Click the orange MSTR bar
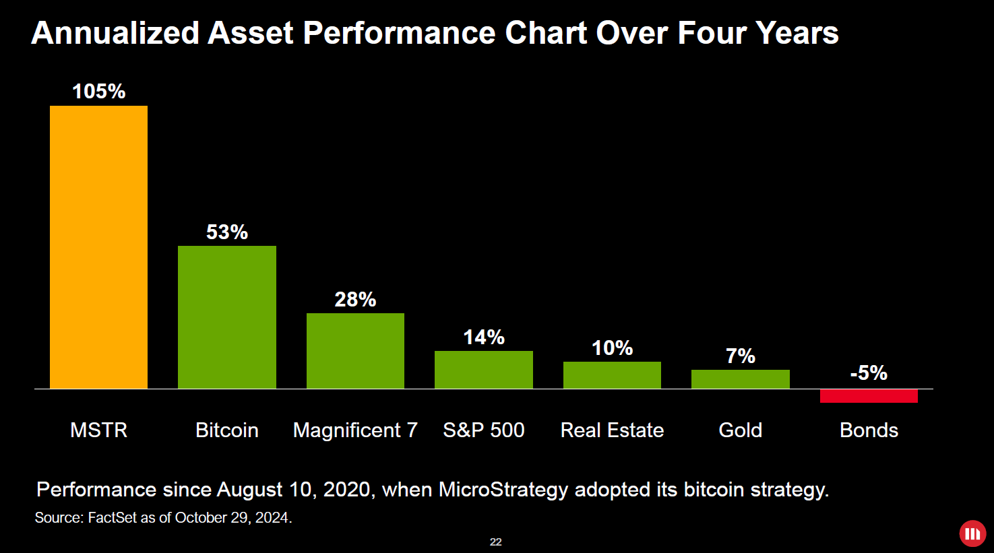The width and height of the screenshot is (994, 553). coord(98,247)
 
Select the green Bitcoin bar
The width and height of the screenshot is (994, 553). coord(227,317)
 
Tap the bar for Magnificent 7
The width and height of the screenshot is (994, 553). coord(355,351)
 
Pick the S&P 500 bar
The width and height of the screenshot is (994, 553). coord(484,370)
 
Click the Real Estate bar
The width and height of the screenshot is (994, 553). coord(612,375)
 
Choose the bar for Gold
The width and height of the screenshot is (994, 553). coord(740,379)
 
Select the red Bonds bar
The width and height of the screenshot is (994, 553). coord(869,396)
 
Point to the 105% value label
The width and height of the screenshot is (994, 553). coord(98,92)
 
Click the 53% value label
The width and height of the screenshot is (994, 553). coord(227,232)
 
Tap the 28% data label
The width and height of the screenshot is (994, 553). coord(355,300)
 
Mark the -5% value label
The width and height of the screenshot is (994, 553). coord(869,373)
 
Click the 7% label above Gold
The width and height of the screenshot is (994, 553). coord(740,356)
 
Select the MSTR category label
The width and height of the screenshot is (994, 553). coord(98,430)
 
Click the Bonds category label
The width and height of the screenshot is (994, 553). coord(869,430)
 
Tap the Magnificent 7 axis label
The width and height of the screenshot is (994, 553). coord(355,430)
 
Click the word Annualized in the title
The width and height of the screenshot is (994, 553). coord(115,33)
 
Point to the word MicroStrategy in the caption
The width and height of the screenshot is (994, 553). coord(503,490)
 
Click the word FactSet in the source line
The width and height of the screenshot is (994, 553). coord(112,518)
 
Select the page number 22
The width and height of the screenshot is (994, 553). coord(496,542)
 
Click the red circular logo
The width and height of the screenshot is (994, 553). coord(972,534)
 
